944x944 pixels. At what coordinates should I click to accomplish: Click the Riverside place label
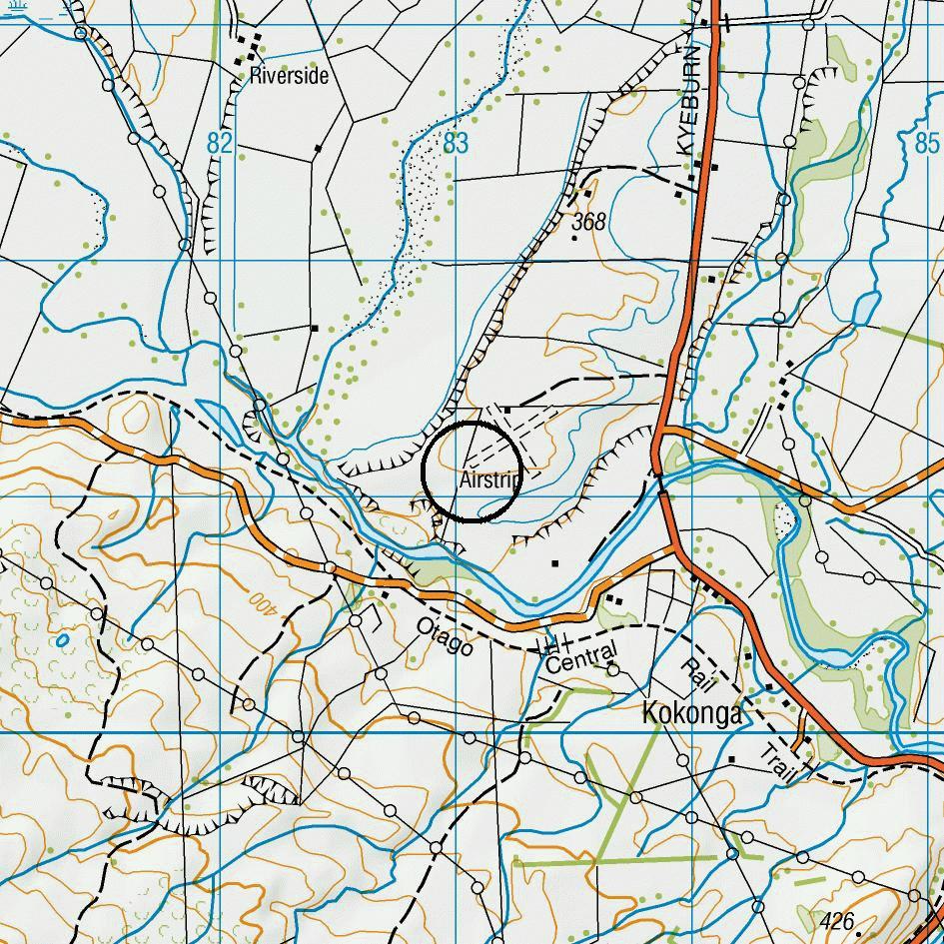click(289, 75)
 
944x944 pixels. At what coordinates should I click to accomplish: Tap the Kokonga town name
click(692, 713)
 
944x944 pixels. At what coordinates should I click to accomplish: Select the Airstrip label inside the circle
click(489, 480)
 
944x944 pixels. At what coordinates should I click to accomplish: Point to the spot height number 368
click(588, 222)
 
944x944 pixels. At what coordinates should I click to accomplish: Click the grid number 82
click(220, 144)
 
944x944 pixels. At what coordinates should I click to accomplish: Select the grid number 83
click(456, 144)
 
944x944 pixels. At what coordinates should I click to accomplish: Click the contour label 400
click(261, 603)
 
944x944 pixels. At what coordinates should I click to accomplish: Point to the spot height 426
click(836, 919)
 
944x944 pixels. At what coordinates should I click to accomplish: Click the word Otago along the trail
click(445, 636)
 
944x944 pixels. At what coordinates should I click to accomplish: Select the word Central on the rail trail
click(582, 658)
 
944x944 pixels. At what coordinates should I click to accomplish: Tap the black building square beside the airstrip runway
click(507, 410)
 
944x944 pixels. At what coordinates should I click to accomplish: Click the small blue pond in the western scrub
click(63, 639)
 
